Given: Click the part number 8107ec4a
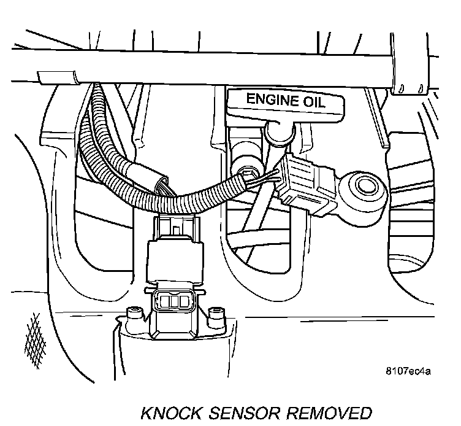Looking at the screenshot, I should point(408,371).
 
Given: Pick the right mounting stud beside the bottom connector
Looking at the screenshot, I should point(215,316).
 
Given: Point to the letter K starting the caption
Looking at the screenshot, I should point(148,412).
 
